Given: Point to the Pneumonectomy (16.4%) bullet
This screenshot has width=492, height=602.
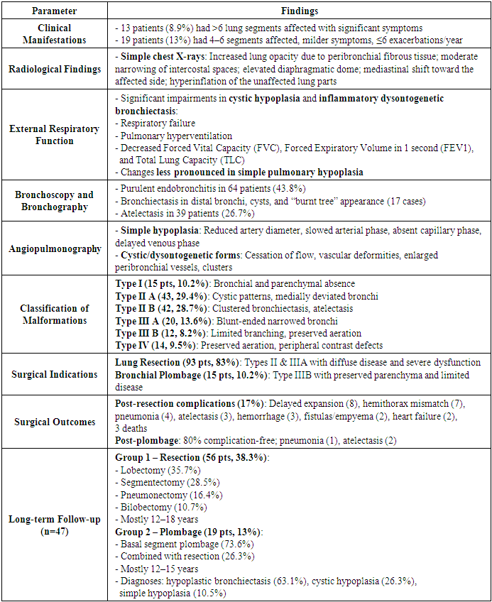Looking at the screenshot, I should click(165, 495).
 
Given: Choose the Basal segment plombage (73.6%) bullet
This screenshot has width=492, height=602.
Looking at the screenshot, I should click(182, 543).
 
